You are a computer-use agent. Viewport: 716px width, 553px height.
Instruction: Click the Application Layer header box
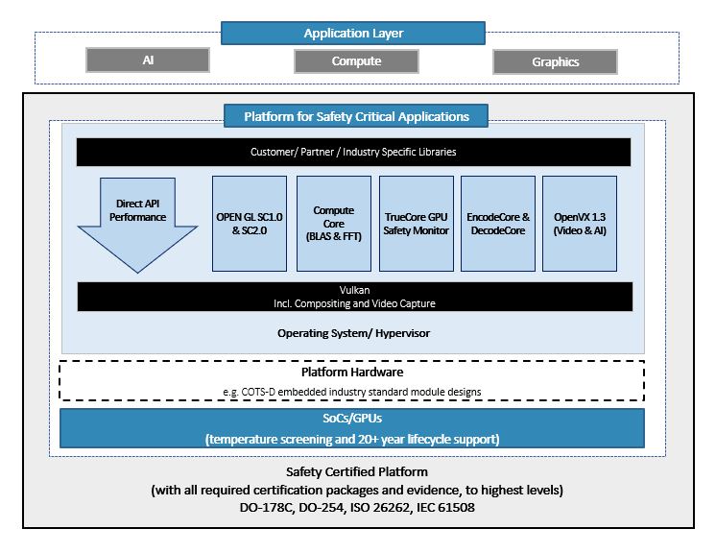353,34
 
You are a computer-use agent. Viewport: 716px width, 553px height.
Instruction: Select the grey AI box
148,60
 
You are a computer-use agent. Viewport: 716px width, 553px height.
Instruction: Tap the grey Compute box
356,61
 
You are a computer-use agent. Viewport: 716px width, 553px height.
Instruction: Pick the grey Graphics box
555,62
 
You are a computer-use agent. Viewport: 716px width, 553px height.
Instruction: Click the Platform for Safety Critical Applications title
356,117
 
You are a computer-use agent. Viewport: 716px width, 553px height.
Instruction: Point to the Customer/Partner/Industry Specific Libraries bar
353,152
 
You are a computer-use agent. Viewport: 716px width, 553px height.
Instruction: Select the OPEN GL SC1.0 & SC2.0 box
250,223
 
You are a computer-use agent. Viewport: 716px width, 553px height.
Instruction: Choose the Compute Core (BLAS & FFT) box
333,223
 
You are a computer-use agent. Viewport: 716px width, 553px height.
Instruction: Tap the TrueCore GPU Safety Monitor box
416,223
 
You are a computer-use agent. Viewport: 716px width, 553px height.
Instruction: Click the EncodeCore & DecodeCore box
498,223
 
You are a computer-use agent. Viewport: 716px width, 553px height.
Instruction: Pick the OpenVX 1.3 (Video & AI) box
580,223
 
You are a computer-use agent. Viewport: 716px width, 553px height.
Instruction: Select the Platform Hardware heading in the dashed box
353,372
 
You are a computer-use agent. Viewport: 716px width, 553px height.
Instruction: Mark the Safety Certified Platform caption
357,472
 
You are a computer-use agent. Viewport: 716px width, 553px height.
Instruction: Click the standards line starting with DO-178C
357,507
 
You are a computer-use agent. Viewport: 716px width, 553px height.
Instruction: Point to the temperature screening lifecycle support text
353,439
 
